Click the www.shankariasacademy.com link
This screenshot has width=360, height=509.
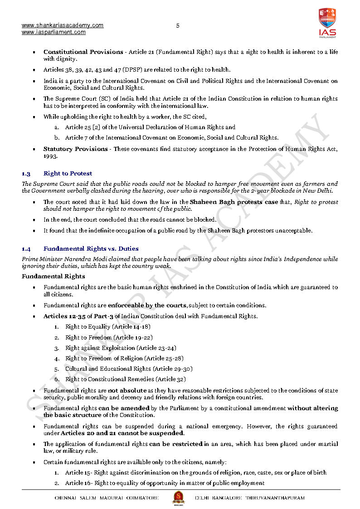tap(63, 25)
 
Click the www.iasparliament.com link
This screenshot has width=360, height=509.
tap(54, 32)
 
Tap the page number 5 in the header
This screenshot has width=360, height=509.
tap(178, 26)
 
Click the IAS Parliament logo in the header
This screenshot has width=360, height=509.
tap(327, 23)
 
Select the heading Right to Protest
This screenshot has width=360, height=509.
tap(68, 173)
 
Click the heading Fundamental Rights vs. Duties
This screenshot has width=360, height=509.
tap(91, 248)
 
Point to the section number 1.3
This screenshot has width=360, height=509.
tap(26, 173)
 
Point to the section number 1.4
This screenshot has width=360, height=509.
tap(26, 248)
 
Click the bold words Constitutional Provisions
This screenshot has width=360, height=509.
tap(83, 52)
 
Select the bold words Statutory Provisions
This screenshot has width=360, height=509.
tap(75, 149)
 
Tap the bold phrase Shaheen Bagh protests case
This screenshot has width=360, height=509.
tap(234, 202)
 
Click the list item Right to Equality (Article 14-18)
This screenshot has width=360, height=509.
tap(108, 326)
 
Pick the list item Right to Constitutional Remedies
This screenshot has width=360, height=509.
tap(126, 379)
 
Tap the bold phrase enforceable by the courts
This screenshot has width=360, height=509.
tap(147, 305)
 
